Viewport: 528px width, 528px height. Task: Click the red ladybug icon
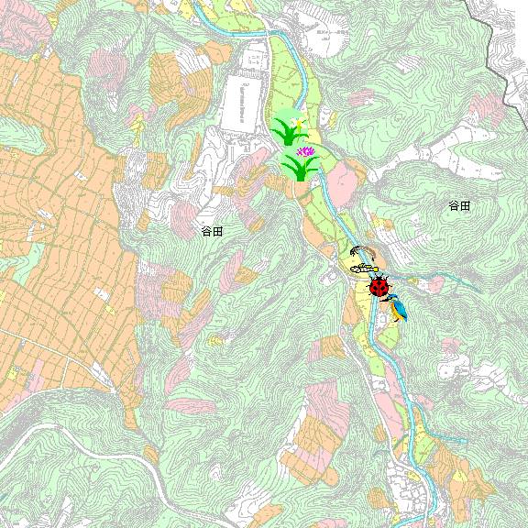coord(379,287)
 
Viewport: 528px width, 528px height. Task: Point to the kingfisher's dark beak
coord(388,297)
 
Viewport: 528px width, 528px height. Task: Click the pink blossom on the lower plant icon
coord(305,151)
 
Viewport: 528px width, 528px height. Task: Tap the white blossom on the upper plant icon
coord(296,120)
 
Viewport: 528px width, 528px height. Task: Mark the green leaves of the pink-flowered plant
coord(300,169)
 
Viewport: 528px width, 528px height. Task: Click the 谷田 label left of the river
coord(212,231)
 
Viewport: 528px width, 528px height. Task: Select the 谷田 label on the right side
coord(459,206)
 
